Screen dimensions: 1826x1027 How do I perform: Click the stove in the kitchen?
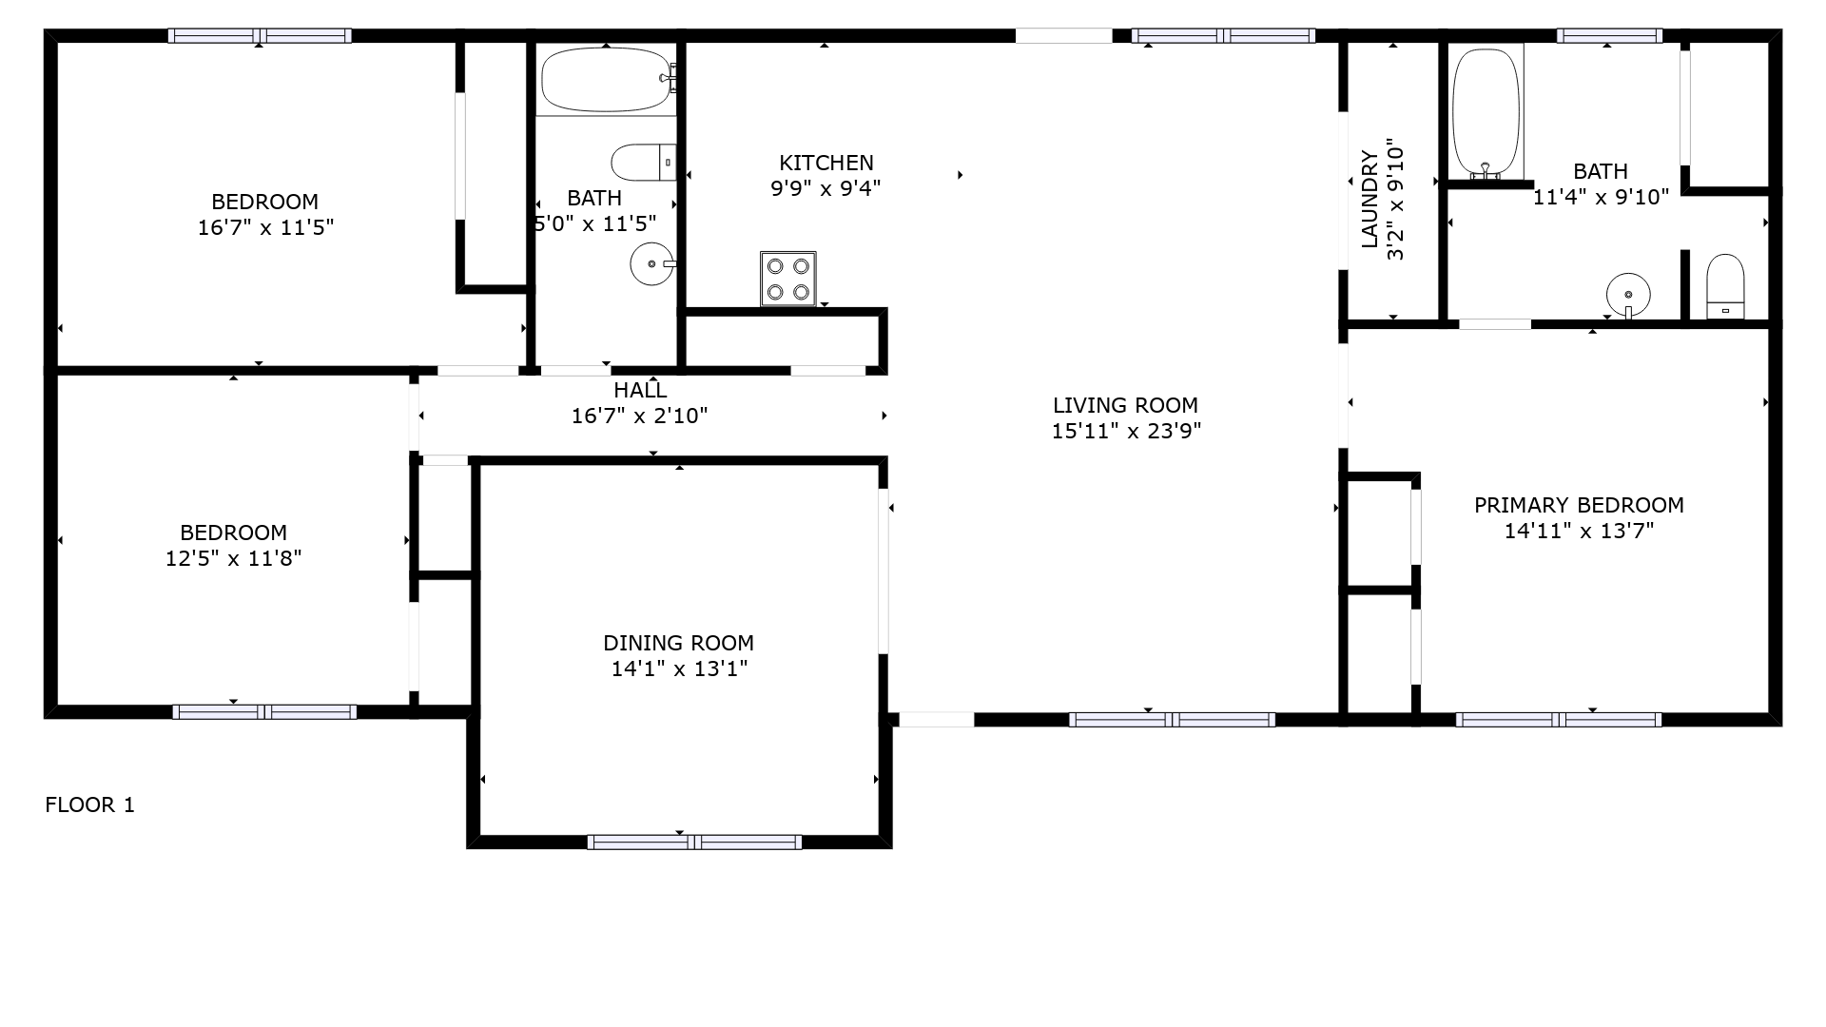(788, 279)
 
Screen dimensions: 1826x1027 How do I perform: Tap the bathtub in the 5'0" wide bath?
(607, 80)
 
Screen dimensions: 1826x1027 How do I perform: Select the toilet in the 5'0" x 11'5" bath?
(644, 163)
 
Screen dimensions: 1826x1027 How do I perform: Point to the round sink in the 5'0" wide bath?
(652, 263)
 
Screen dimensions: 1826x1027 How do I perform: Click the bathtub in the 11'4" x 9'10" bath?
(1486, 113)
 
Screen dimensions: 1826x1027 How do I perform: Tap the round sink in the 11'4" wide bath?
(1628, 294)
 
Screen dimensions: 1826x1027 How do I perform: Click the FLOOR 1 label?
(90, 805)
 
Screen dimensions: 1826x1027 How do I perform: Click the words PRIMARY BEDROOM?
(1579, 505)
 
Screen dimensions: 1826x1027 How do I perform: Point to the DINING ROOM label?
(678, 643)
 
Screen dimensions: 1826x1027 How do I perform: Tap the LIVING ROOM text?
(1125, 405)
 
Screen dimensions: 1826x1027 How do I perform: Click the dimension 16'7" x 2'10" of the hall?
(639, 416)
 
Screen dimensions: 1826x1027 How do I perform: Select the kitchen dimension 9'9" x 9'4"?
(826, 187)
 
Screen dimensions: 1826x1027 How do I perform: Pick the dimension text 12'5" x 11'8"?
(233, 558)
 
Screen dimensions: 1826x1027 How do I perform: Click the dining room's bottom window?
(694, 842)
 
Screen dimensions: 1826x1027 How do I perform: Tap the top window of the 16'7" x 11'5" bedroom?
(260, 36)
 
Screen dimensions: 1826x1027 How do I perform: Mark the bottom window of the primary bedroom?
(1559, 720)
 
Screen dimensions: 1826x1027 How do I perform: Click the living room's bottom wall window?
(1172, 720)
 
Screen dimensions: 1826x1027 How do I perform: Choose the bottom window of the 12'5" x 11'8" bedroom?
(264, 712)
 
